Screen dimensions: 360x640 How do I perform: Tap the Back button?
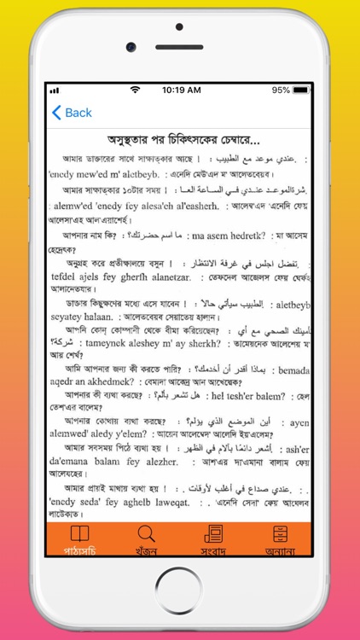point(72,113)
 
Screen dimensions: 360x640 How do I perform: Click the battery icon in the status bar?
point(305,90)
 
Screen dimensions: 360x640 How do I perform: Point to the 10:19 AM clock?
point(181,90)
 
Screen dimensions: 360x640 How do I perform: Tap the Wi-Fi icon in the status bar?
point(135,90)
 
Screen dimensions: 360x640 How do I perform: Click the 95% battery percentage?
point(281,90)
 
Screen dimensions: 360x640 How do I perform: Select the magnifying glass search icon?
point(147,534)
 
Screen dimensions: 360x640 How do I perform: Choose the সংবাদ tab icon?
point(213,534)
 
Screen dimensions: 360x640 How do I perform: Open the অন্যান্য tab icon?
point(280,534)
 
